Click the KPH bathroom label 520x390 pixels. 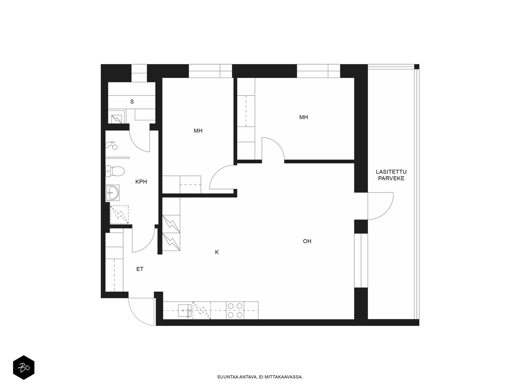tap(141, 182)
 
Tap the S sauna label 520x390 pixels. tap(132, 102)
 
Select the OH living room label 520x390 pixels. tap(307, 241)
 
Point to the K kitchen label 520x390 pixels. tap(217, 252)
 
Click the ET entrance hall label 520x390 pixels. tap(140, 269)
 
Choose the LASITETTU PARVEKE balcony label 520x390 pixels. tap(391, 175)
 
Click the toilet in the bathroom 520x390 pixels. tap(115, 171)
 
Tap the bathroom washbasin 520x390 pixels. tap(112, 193)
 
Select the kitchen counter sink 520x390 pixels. tap(185, 310)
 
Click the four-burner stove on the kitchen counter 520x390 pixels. tap(235, 310)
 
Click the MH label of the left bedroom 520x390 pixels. tap(198, 131)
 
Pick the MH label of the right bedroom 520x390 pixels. tap(304, 117)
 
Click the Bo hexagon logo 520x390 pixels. tap(24, 367)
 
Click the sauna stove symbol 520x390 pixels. tap(117, 119)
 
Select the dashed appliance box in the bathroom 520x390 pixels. tap(119, 215)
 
